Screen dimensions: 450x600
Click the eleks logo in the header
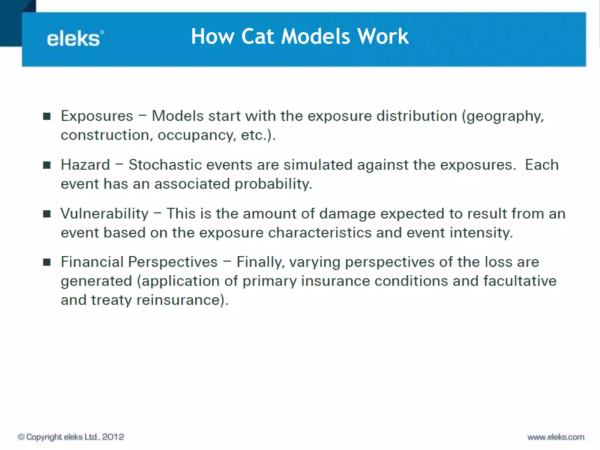(75, 39)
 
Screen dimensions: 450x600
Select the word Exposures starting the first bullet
(97, 116)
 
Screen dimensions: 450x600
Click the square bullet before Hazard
(47, 165)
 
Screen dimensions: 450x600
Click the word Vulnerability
(105, 214)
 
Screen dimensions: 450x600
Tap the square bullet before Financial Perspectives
(47, 262)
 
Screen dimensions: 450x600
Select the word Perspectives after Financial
(173, 262)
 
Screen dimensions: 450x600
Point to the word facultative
(519, 281)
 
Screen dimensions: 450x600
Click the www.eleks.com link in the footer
(556, 437)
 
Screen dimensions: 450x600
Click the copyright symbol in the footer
(21, 437)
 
